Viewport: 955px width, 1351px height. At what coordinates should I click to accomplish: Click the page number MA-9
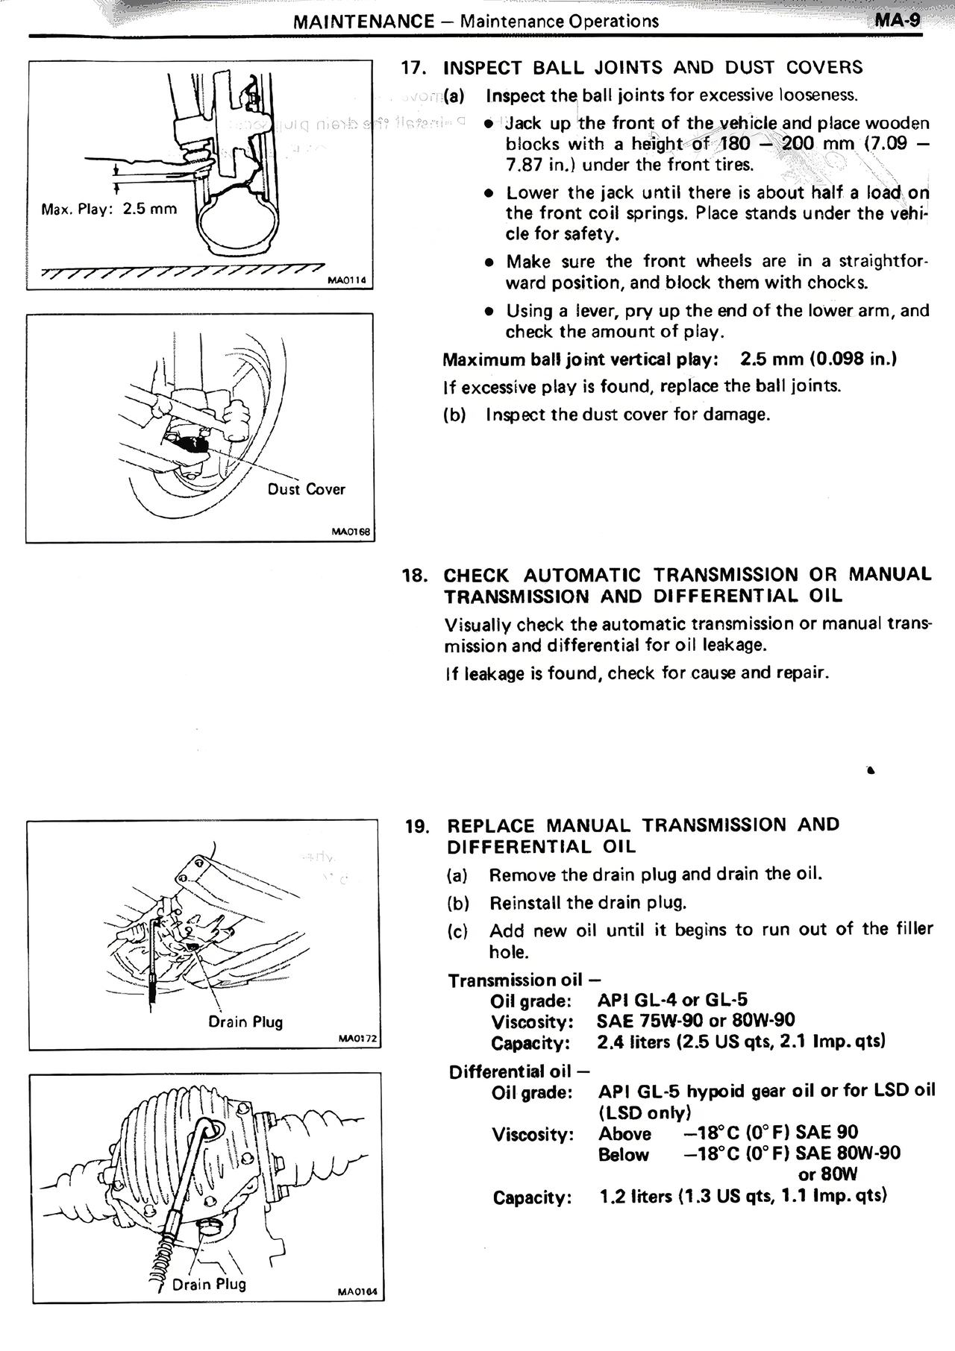click(898, 20)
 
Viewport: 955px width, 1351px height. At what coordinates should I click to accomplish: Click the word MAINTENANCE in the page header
click(363, 21)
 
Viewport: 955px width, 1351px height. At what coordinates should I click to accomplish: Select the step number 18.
click(414, 575)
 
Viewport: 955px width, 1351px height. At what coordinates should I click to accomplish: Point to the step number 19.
click(417, 826)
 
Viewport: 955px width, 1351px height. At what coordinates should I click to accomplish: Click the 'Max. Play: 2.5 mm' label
click(110, 209)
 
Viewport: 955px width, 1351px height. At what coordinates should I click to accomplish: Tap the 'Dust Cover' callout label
click(306, 490)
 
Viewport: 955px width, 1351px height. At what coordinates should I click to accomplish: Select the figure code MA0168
click(351, 532)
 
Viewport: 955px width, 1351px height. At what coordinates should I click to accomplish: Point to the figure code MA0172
click(358, 1039)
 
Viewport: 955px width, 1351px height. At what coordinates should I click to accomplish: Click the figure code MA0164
click(362, 1293)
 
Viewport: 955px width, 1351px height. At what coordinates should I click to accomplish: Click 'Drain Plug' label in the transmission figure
click(245, 1022)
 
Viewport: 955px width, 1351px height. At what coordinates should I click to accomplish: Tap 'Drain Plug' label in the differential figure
click(209, 1284)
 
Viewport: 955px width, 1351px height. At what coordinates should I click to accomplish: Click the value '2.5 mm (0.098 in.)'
click(818, 359)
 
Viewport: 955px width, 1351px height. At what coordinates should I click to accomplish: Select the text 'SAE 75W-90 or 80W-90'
click(695, 1021)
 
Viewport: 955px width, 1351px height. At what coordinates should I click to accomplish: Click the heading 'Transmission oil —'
click(525, 980)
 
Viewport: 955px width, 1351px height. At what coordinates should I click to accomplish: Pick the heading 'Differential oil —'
click(519, 1072)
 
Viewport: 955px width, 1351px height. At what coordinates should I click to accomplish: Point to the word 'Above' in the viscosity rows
click(624, 1134)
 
